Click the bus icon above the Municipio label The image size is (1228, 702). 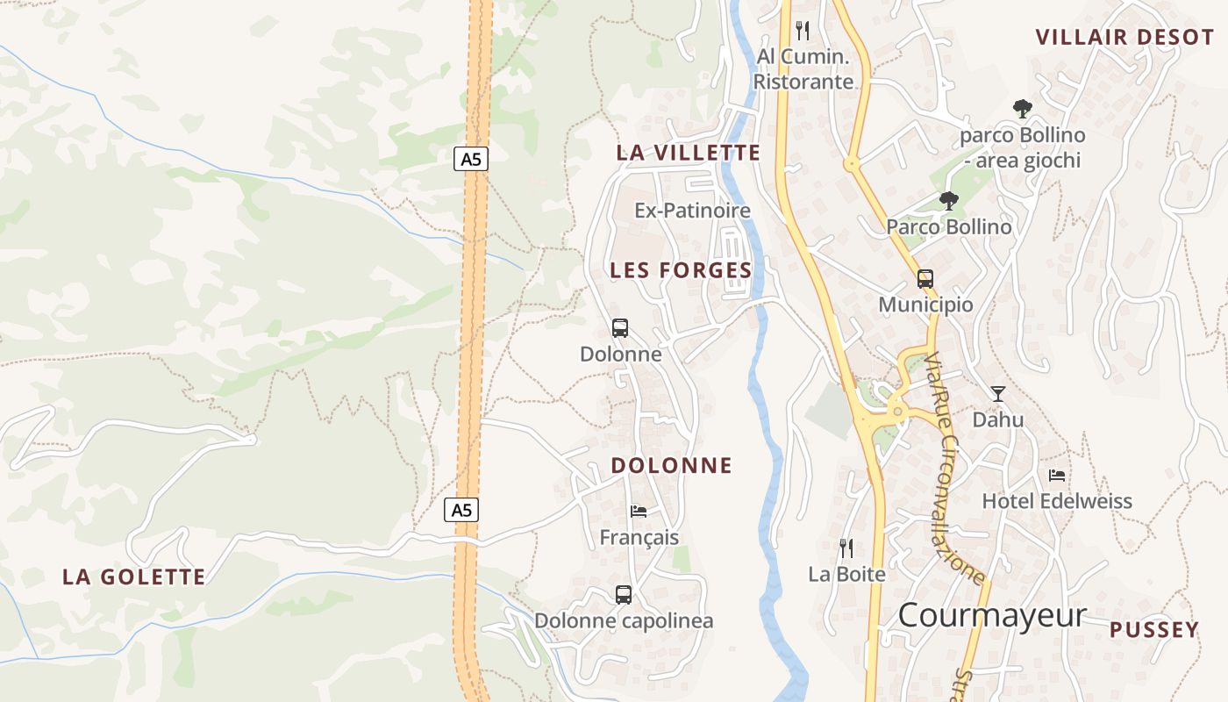point(925,279)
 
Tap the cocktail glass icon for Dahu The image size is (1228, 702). point(998,393)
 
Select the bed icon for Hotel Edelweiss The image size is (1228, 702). point(1057,475)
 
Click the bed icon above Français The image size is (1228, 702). point(639,511)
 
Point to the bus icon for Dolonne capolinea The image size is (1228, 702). point(624,594)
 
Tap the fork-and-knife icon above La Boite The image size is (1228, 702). point(846,548)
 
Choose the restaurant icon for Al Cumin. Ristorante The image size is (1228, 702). point(803,31)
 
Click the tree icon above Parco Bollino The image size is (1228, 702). point(948,201)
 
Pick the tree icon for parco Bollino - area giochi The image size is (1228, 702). point(1022,109)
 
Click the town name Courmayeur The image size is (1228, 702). point(992,615)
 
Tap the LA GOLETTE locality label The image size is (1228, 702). point(134,577)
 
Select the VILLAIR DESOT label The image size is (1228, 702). point(1124,37)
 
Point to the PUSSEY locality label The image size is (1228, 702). point(1153,629)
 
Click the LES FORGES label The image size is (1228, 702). point(682,270)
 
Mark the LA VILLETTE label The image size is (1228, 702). point(689,152)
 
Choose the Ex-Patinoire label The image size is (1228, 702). point(693,211)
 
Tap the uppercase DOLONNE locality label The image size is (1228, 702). point(672,465)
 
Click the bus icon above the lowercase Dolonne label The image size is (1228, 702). point(620,328)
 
